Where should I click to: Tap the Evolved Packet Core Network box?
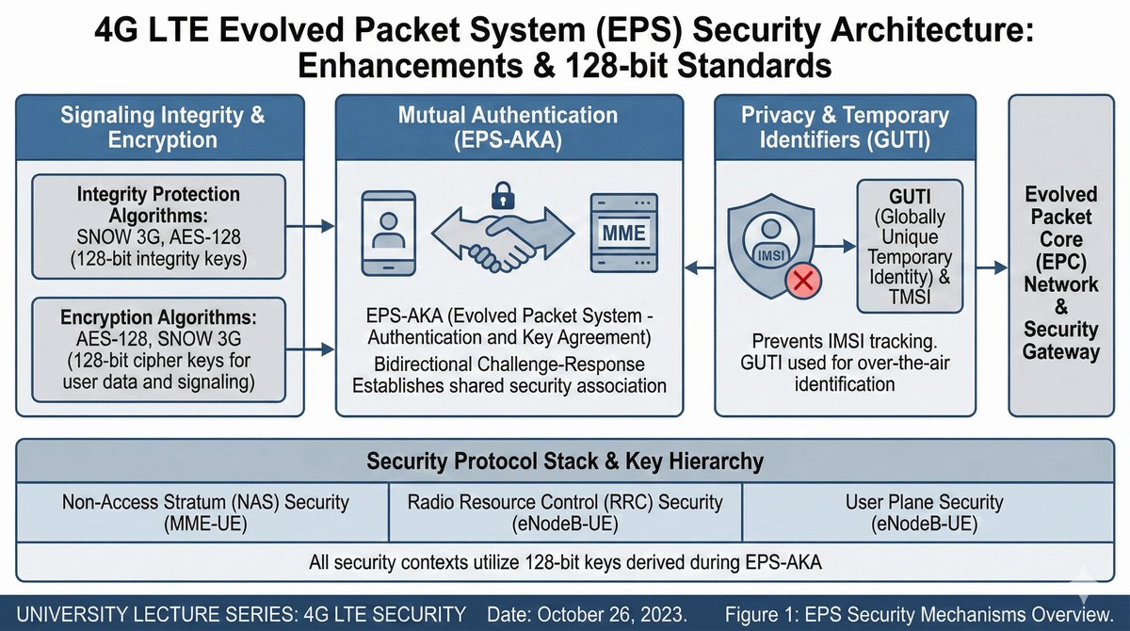click(x=1062, y=273)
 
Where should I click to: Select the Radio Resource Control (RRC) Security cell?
click(x=564, y=512)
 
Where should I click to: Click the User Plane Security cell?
click(x=924, y=512)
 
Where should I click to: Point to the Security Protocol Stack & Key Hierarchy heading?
click(x=564, y=461)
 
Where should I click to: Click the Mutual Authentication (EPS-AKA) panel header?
click(x=508, y=128)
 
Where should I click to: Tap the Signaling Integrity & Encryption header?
click(x=163, y=128)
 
